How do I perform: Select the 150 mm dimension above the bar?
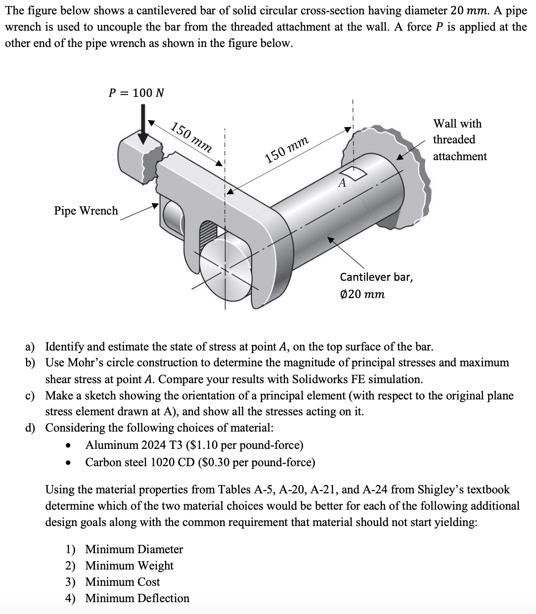point(287,150)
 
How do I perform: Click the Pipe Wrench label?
point(86,211)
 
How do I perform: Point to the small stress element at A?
point(355,173)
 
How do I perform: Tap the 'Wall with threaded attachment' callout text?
point(459,140)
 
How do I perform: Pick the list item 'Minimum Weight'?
point(129,566)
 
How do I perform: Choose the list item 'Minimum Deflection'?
point(137,598)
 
